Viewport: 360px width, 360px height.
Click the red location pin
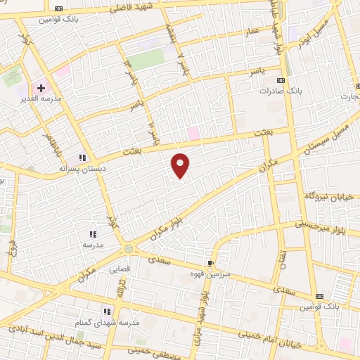[181, 165]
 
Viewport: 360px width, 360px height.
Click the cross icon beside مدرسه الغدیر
[41, 89]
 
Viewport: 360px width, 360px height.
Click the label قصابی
[118, 269]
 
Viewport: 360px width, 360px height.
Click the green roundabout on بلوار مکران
[128, 248]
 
